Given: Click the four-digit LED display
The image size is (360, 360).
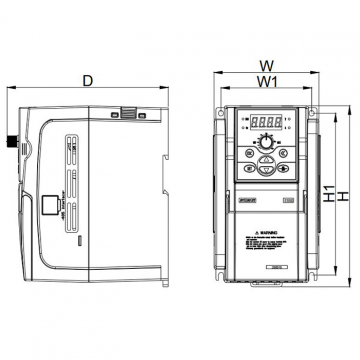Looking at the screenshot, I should click(x=266, y=123).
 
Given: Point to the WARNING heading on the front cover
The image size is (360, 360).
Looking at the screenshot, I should click(x=267, y=230).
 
